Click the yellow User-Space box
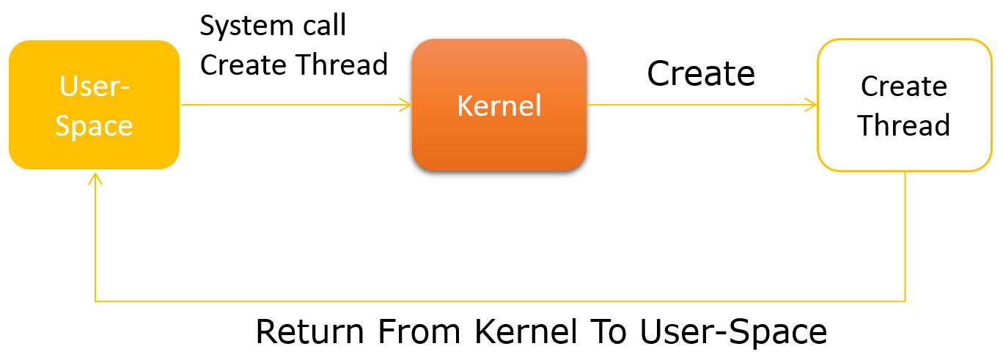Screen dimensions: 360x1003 click(x=94, y=105)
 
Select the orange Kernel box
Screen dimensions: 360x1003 click(x=499, y=105)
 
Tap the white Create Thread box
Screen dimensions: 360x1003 click(x=904, y=105)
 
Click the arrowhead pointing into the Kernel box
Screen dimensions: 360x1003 click(x=406, y=105)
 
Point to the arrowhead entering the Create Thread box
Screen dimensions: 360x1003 click(x=812, y=105)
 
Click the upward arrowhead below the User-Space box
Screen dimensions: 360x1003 click(x=95, y=178)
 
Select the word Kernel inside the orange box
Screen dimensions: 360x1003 click(x=499, y=106)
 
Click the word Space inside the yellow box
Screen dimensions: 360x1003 click(x=94, y=125)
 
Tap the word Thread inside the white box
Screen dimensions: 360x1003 click(x=904, y=125)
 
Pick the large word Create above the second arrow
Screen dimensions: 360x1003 click(x=701, y=73)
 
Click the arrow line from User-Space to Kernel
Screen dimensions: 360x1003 click(x=293, y=105)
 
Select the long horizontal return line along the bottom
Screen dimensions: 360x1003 click(x=499, y=301)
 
